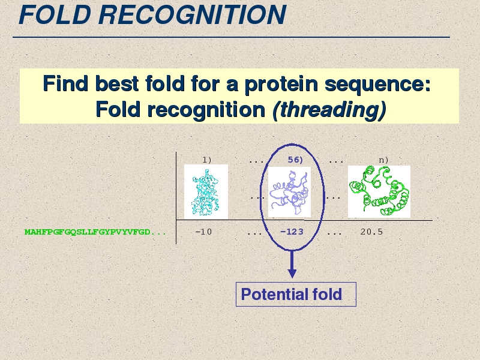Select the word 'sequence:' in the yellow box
(x=377, y=84)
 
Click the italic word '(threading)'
(x=329, y=110)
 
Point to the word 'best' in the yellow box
(x=117, y=83)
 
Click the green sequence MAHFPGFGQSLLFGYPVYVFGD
(x=88, y=232)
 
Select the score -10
(x=203, y=232)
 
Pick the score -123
(x=292, y=232)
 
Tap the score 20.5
(x=371, y=232)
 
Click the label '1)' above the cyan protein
(x=207, y=160)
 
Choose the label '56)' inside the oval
(x=295, y=160)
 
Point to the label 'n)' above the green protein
(x=383, y=160)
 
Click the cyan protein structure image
(x=206, y=192)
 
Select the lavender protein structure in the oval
(x=289, y=192)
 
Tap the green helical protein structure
(x=379, y=191)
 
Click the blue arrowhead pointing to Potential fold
(x=292, y=274)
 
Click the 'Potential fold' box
(x=296, y=294)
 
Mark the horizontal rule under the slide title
(x=231, y=37)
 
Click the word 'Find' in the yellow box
(x=65, y=83)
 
